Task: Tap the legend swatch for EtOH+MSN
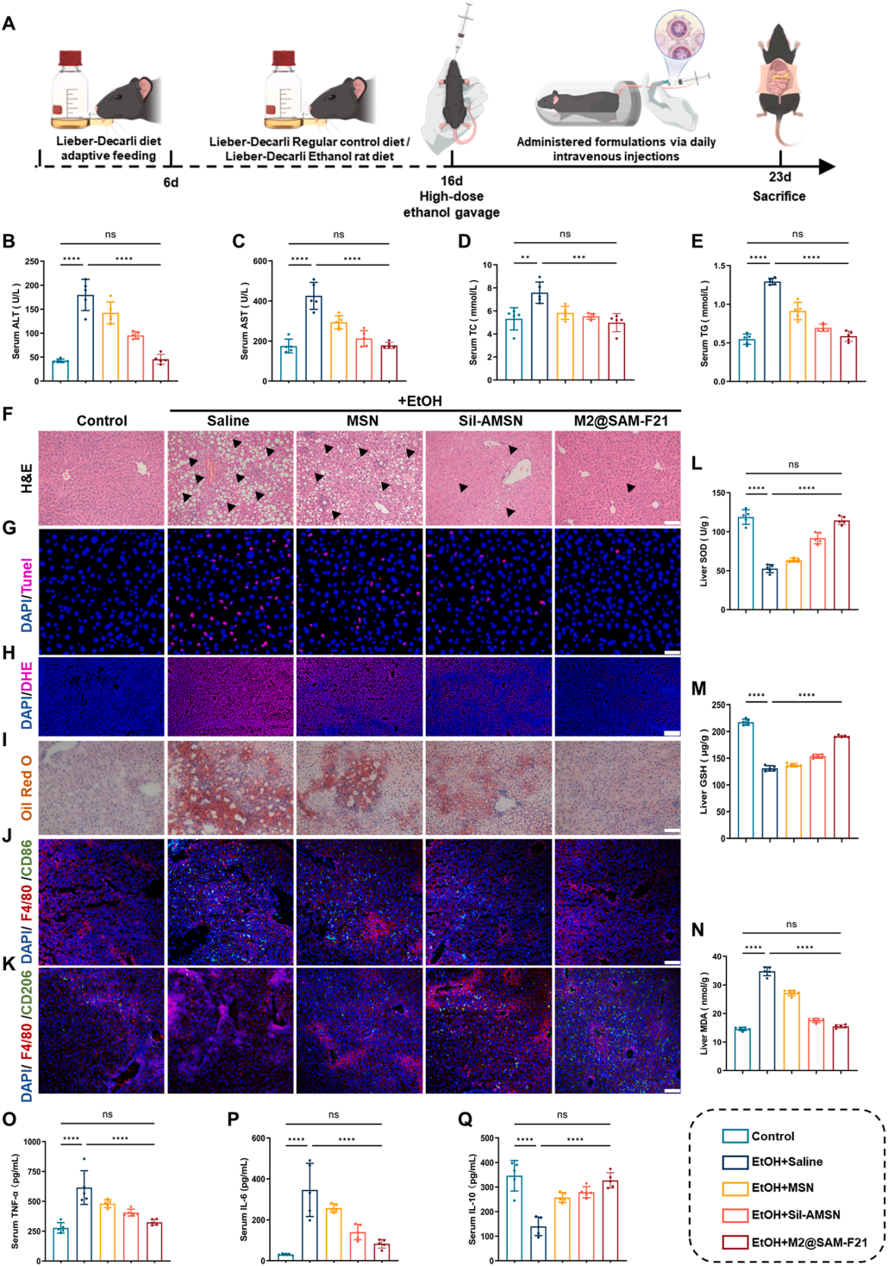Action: pyautogui.click(x=735, y=1188)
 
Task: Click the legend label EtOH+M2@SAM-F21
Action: pyautogui.click(x=809, y=1242)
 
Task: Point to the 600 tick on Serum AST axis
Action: pyautogui.click(x=260, y=261)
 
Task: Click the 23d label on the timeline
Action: pyautogui.click(x=779, y=177)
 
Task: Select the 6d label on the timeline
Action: pyautogui.click(x=171, y=182)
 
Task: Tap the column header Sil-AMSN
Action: pyautogui.click(x=490, y=421)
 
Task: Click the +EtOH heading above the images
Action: pyautogui.click(x=420, y=401)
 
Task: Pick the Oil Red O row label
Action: pyautogui.click(x=27, y=787)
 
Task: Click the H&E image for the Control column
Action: pyautogui.click(x=102, y=478)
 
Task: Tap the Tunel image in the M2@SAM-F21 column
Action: pyautogui.click(x=617, y=592)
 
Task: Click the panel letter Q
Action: pyautogui.click(x=465, y=1119)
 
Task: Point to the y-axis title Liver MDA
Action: pyautogui.click(x=704, y=1013)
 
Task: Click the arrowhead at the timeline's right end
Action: pyautogui.click(x=828, y=166)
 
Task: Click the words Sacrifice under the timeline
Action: pyautogui.click(x=779, y=197)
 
